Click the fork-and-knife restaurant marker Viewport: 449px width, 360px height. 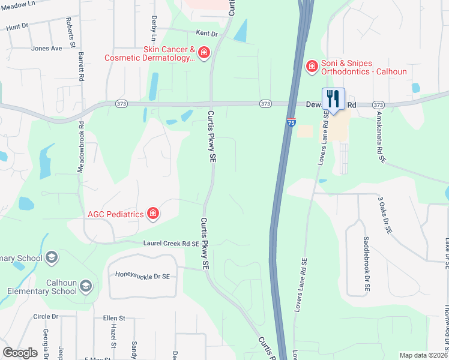point(333,99)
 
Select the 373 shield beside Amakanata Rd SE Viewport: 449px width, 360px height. point(378,104)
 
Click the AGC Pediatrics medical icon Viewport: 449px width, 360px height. point(153,214)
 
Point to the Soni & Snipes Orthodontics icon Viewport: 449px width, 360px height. point(312,66)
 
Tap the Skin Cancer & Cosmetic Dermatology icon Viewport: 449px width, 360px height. point(204,53)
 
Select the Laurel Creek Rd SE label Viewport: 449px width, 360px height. point(170,244)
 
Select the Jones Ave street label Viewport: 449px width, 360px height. point(47,48)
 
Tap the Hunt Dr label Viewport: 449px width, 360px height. point(17,26)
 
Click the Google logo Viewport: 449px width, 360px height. point(20,352)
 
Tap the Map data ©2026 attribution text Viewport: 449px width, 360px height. point(423,355)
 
